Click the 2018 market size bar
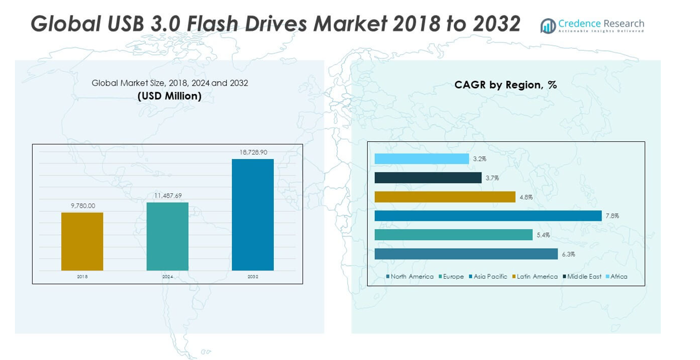82,241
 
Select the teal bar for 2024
167,236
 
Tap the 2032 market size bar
252,215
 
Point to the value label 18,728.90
253,152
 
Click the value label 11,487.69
167,195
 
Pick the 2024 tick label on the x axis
167,277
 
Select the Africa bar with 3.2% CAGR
421,159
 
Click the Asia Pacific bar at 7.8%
488,216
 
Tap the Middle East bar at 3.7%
428,178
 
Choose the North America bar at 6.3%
466,254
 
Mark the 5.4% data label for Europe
543,235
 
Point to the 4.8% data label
526,197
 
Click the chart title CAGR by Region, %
505,85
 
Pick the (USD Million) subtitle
169,96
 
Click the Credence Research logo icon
548,25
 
